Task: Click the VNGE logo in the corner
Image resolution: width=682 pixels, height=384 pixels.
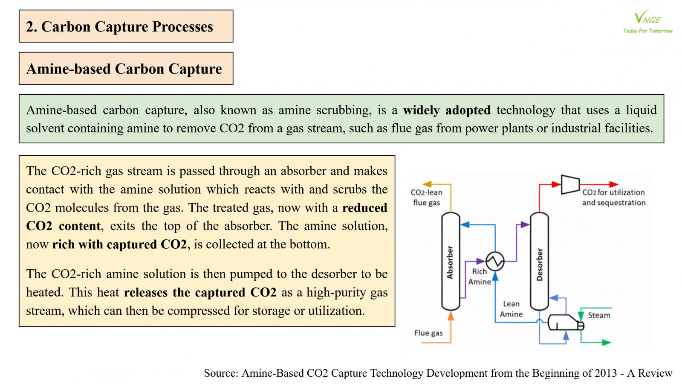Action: coord(647,21)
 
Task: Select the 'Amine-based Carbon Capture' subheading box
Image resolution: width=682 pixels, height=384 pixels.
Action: coord(126,69)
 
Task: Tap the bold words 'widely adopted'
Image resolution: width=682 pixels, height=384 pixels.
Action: coord(447,111)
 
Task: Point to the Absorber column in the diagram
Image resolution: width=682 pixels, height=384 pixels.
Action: coord(451,261)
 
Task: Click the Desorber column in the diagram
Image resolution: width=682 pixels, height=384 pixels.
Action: coord(539,261)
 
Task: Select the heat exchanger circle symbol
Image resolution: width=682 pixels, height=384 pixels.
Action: coord(495,261)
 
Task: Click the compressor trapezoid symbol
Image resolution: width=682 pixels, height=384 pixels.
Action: coord(570,184)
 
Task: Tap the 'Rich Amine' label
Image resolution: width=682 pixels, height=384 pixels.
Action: coord(480,276)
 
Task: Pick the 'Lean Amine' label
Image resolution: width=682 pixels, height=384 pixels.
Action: coord(511,309)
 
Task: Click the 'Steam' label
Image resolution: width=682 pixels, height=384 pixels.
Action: coord(599,315)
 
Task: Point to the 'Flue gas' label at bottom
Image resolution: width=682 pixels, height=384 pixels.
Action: coord(428,333)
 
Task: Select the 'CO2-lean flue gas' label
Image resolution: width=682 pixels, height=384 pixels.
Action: coord(426,198)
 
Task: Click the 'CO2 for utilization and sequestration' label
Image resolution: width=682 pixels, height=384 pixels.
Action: coord(614,198)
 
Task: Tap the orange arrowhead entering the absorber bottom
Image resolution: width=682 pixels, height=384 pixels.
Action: coord(451,316)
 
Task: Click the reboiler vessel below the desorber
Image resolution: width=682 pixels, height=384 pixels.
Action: coord(565,323)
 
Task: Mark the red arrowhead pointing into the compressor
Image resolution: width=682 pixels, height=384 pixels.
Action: coord(556,184)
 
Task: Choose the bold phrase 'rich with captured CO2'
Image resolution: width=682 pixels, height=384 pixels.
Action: coord(120,244)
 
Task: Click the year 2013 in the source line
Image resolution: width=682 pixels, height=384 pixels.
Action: coord(606,373)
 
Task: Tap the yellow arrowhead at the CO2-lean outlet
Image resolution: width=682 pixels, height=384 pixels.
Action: coord(427,184)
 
